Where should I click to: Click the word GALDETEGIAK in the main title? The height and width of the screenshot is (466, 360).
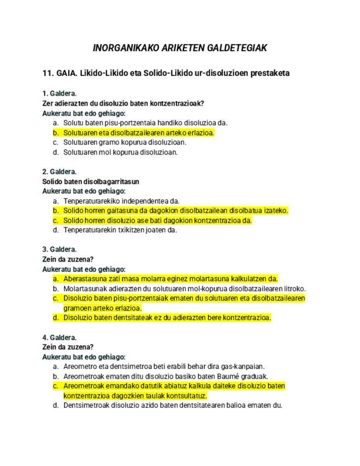237,48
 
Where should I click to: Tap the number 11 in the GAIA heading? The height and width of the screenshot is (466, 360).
47,73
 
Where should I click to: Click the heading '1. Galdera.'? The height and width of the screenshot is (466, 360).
59,93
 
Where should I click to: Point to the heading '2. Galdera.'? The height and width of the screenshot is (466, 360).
59,171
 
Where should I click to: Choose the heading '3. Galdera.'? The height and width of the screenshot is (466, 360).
59,249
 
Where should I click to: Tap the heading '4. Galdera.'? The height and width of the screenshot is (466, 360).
59,337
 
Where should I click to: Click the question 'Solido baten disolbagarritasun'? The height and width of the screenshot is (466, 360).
91,181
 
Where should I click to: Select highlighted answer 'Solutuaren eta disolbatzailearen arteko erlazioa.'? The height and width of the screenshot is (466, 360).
139,132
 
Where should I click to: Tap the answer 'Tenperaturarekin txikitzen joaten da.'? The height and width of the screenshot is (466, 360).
120,230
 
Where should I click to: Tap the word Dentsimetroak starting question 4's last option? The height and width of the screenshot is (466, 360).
86,406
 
